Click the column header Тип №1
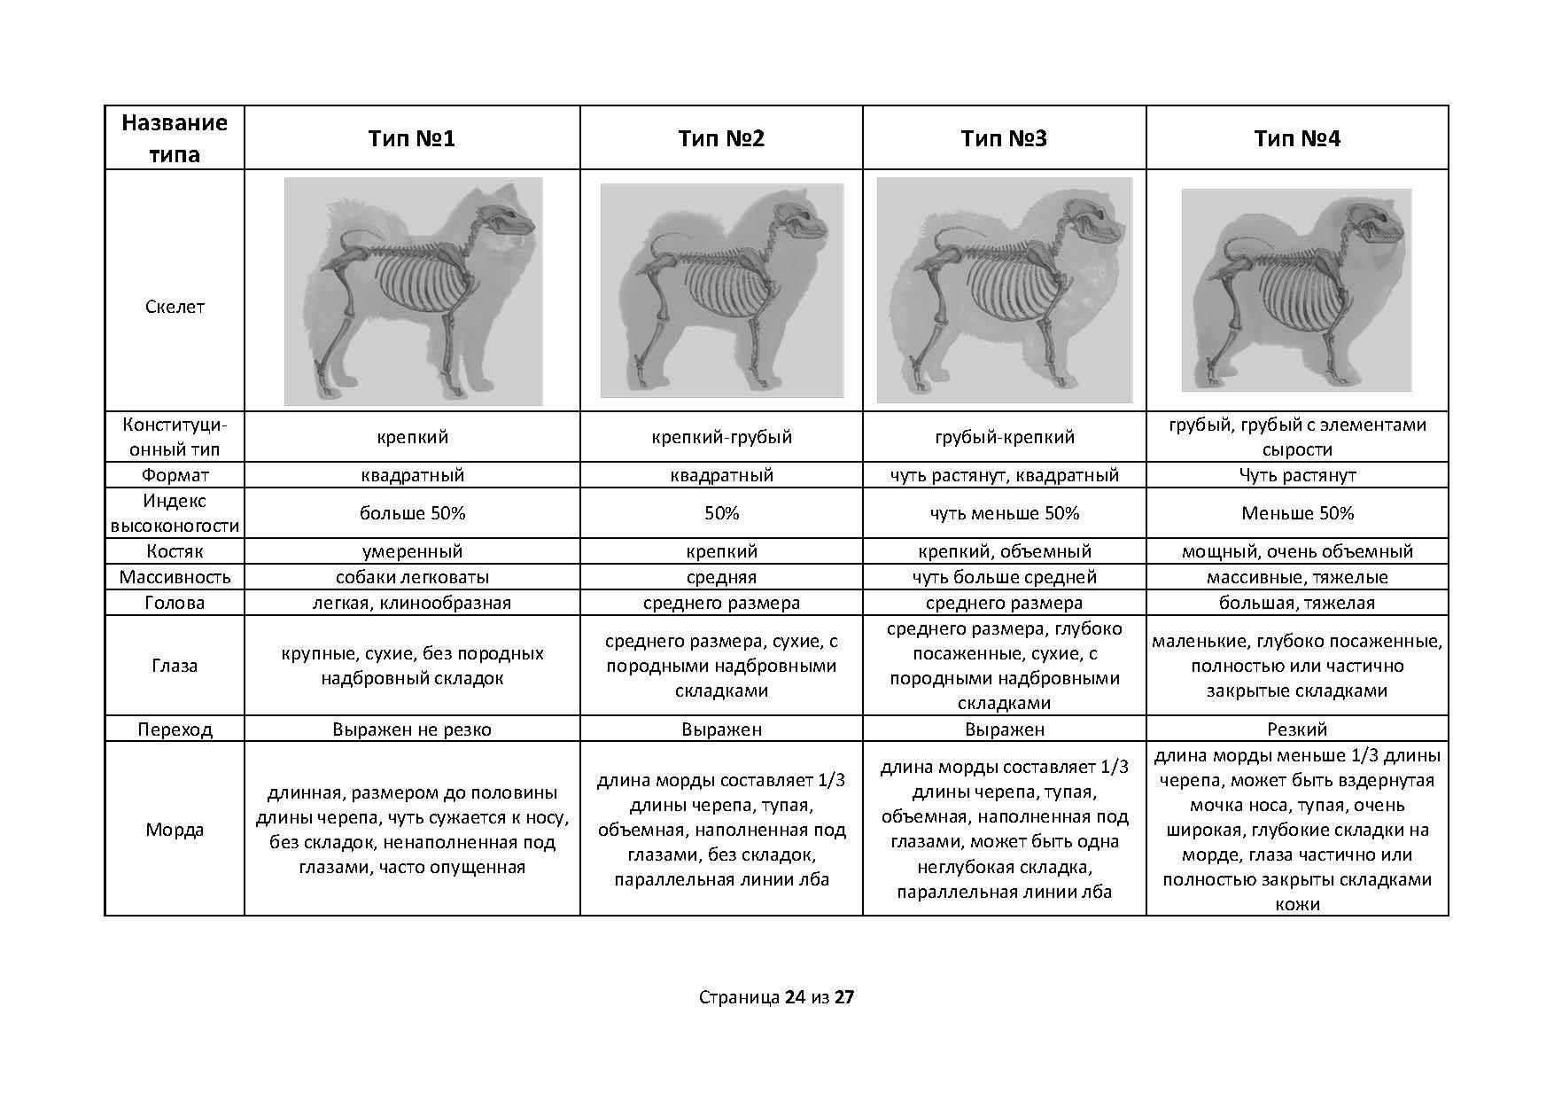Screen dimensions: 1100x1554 click(412, 138)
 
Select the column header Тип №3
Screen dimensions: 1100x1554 click(1004, 138)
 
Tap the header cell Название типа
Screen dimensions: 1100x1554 click(175, 138)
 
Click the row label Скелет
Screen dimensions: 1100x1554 click(175, 307)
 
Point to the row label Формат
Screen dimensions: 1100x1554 click(175, 475)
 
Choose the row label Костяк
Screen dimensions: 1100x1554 click(175, 551)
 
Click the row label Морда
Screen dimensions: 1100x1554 click(175, 830)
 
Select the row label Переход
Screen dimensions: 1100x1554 click(175, 729)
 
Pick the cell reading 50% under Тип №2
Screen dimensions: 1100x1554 click(721, 513)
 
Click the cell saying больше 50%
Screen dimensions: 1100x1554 click(412, 513)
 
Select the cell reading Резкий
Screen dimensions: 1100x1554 click(1297, 729)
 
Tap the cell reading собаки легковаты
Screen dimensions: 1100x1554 click(412, 577)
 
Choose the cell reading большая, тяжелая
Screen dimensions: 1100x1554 click(1297, 603)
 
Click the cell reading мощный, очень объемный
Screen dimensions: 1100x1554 click(1297, 551)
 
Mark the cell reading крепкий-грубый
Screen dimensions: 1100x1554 click(721, 437)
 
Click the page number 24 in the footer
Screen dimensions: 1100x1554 click(795, 997)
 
